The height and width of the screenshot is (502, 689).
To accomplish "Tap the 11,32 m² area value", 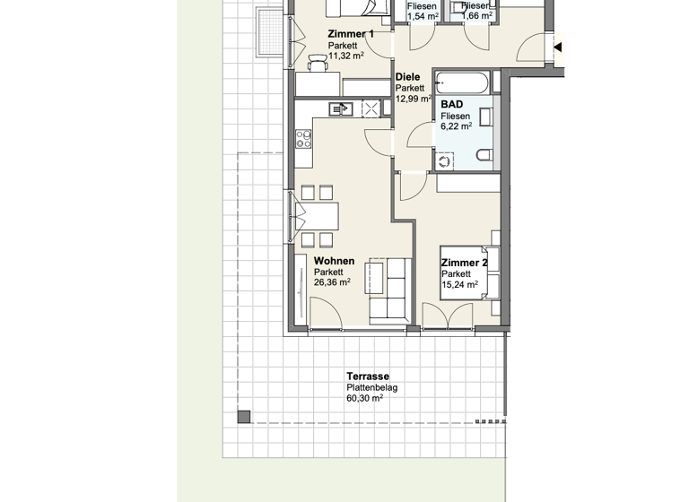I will pyautogui.click(x=345, y=56).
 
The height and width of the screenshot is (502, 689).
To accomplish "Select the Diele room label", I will pyautogui.click(x=407, y=77).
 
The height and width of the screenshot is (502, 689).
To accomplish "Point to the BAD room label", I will pyautogui.click(x=451, y=104).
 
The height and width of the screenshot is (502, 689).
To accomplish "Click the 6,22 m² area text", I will pyautogui.click(x=456, y=127).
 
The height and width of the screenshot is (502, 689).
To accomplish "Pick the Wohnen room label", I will pyautogui.click(x=334, y=261).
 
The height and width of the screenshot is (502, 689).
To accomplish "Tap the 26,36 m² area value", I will pyautogui.click(x=332, y=281).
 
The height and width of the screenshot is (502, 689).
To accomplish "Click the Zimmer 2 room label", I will pyautogui.click(x=464, y=263).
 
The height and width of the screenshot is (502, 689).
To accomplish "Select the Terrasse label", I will pyautogui.click(x=368, y=376).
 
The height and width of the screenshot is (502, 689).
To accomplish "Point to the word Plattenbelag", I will pyautogui.click(x=371, y=388).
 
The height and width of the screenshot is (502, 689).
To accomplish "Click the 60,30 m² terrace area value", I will pyautogui.click(x=364, y=400).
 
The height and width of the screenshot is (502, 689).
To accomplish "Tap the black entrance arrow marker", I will pyautogui.click(x=558, y=47).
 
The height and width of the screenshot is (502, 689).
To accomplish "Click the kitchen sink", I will pyautogui.click(x=341, y=108).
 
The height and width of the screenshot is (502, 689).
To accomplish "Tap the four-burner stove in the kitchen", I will pyautogui.click(x=303, y=139).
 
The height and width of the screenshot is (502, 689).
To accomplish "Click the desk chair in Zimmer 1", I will pyautogui.click(x=316, y=62).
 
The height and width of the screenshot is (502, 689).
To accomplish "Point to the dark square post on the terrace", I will pyautogui.click(x=243, y=416).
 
